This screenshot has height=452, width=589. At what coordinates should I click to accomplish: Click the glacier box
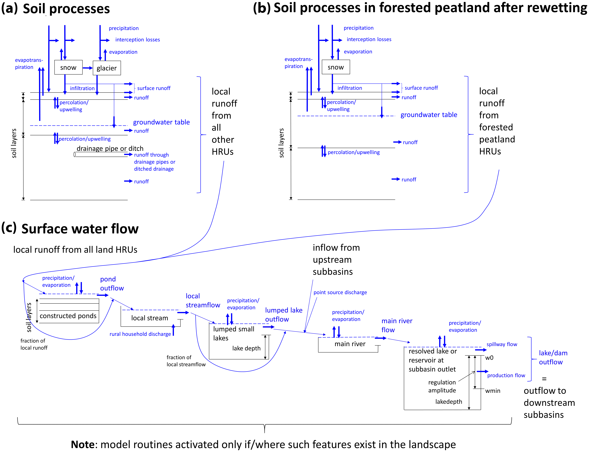(x=107, y=68)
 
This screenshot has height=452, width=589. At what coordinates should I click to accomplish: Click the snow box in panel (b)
(x=336, y=67)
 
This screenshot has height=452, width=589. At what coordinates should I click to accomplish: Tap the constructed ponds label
(x=68, y=316)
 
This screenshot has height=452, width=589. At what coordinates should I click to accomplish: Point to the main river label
(x=350, y=344)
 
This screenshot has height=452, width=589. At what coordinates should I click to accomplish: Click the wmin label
(x=493, y=391)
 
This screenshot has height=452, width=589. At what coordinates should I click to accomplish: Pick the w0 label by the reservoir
(x=489, y=358)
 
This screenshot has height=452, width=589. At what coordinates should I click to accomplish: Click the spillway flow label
(x=502, y=344)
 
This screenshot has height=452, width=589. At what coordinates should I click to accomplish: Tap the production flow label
(x=506, y=375)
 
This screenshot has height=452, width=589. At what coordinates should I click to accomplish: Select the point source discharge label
(x=340, y=292)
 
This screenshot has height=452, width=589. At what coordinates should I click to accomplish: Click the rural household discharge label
(x=140, y=334)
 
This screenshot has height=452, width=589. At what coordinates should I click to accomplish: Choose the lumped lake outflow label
(x=284, y=315)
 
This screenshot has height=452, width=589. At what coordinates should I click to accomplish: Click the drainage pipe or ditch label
(x=110, y=149)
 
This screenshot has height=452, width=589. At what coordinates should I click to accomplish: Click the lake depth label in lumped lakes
(x=246, y=348)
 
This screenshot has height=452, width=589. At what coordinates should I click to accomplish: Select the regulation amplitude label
(x=442, y=386)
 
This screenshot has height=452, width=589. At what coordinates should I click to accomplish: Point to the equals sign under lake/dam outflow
(x=544, y=379)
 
